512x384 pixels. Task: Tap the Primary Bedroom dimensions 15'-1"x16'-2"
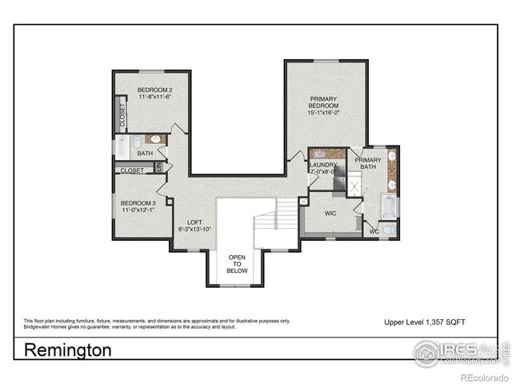324,114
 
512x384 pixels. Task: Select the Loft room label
195,222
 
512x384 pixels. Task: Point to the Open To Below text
237,264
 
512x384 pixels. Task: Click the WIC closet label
331,214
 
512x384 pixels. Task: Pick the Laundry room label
323,165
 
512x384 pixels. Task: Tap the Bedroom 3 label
137,203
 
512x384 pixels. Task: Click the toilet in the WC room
388,230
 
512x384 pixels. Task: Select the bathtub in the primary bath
390,206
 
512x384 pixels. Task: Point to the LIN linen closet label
158,167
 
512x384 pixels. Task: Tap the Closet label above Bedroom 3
132,170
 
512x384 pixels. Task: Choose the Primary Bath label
369,163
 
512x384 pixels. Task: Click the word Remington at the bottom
68,350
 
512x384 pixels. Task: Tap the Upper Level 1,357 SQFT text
425,321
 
